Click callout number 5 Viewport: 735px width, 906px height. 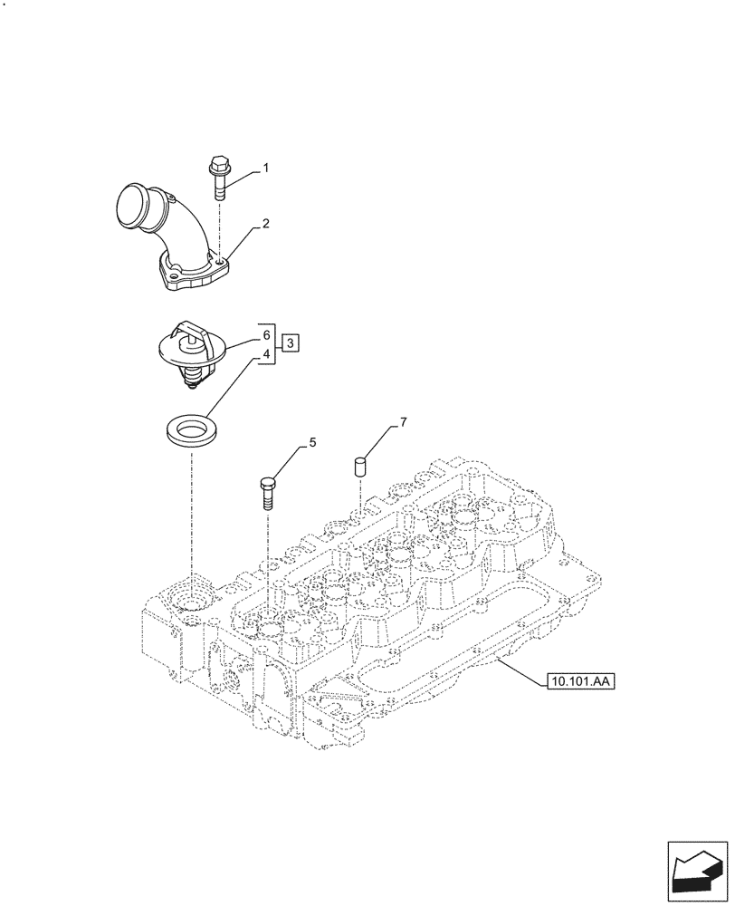pyautogui.click(x=312, y=443)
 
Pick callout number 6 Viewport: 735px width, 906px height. pyautogui.click(x=266, y=334)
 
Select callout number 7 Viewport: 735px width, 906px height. pyautogui.click(x=404, y=423)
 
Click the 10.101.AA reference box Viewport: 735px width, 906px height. pyautogui.click(x=580, y=680)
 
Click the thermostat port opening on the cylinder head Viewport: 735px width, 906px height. pyautogui.click(x=192, y=600)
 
